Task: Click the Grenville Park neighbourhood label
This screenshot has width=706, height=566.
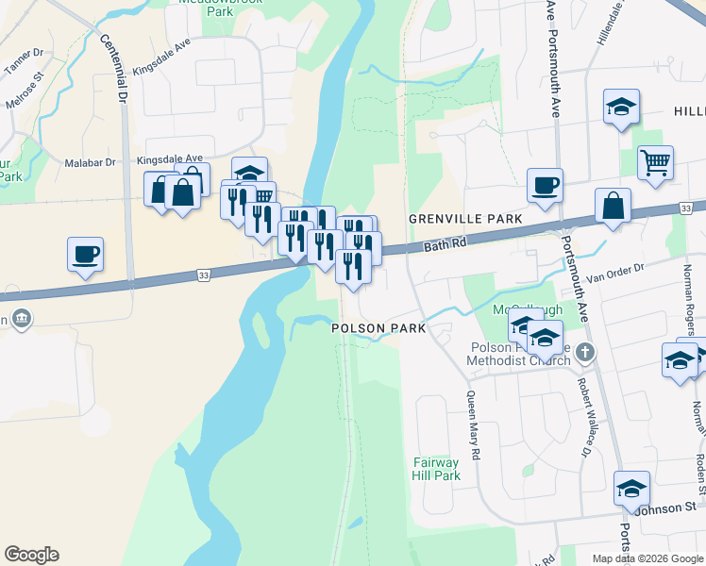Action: tap(465, 219)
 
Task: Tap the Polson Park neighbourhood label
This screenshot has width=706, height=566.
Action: tap(378, 328)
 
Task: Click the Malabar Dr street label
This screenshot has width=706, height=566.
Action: tap(90, 163)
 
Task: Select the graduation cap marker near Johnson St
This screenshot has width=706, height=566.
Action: tap(631, 488)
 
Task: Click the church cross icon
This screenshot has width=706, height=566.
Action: tap(585, 353)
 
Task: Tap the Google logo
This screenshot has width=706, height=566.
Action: tap(31, 555)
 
